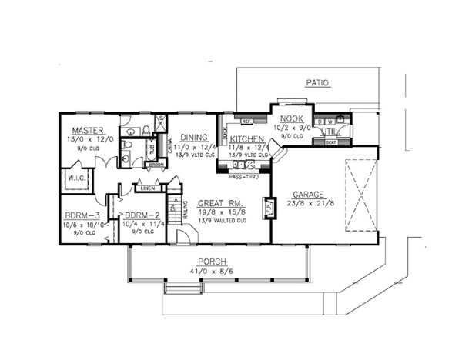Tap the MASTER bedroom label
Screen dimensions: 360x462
tap(89, 131)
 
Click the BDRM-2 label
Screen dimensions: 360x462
tap(140, 216)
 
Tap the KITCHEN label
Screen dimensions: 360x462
tap(246, 138)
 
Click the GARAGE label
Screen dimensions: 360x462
tap(313, 195)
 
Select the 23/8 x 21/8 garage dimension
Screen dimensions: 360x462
tap(314, 205)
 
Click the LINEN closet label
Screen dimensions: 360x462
tap(148, 188)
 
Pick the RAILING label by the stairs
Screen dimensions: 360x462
tap(187, 209)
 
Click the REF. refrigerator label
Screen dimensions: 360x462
tap(247, 122)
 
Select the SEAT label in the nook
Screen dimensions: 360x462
tap(332, 142)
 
